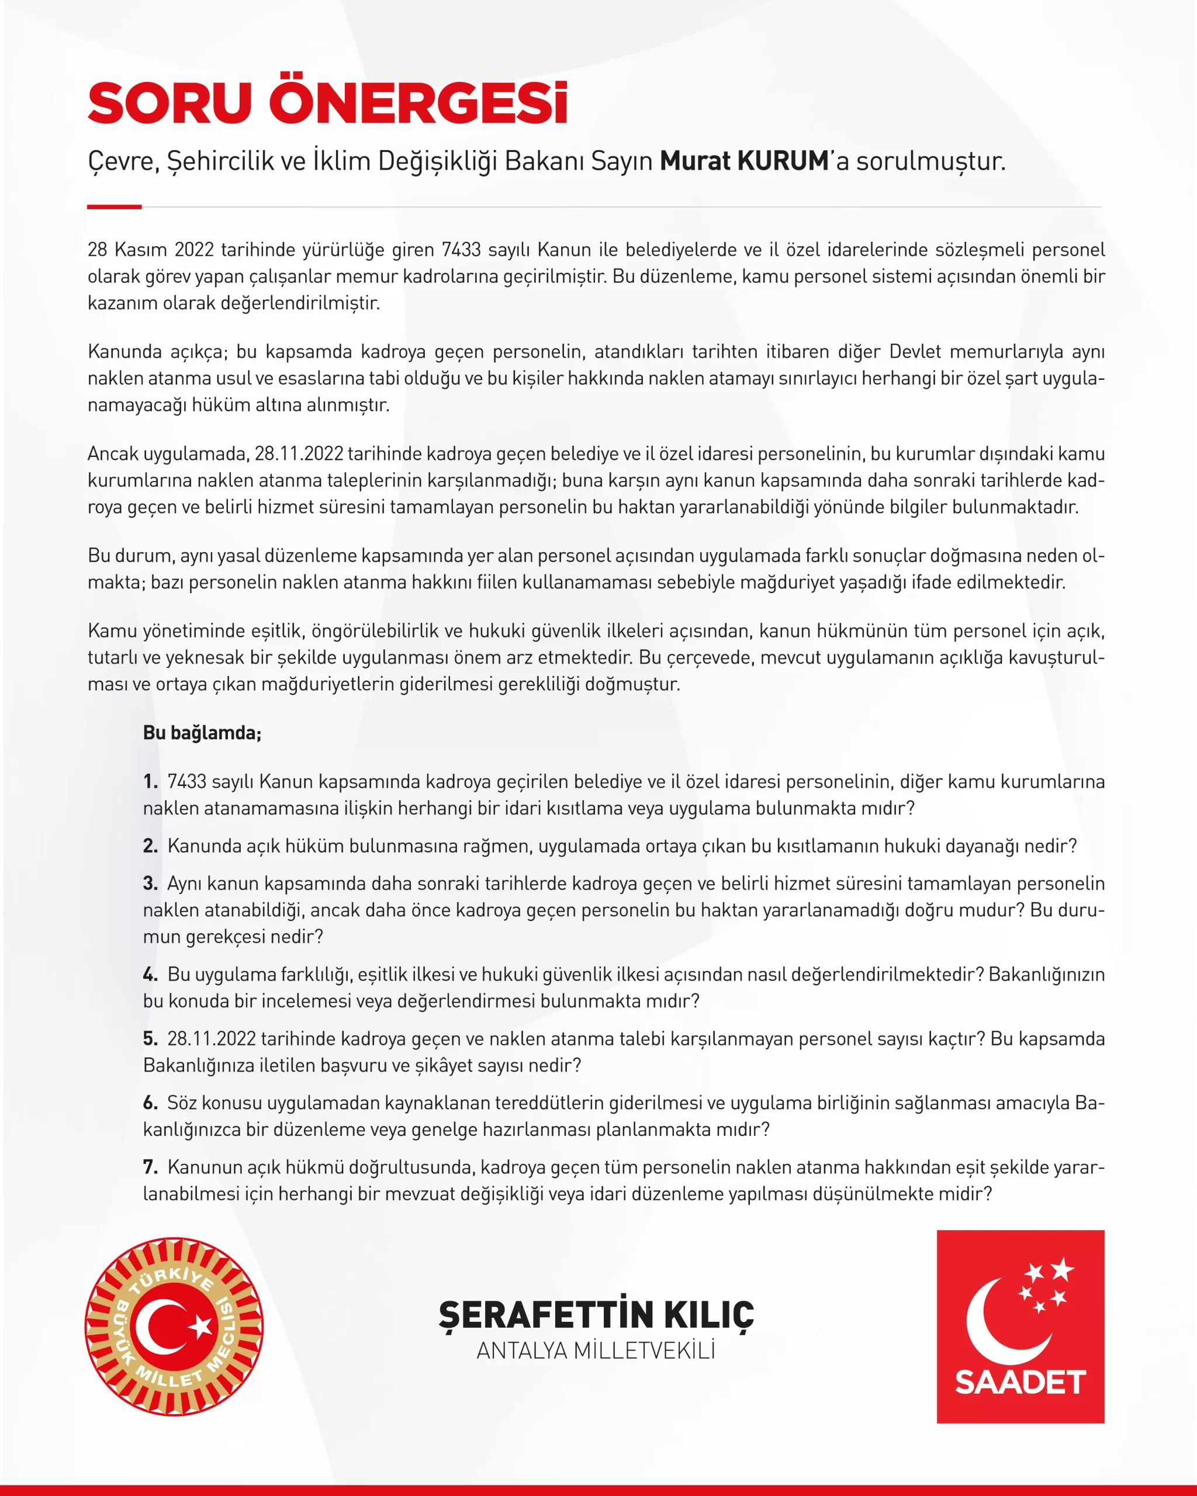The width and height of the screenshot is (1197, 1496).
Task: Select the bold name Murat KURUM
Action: point(744,161)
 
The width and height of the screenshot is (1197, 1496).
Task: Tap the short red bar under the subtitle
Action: point(115,207)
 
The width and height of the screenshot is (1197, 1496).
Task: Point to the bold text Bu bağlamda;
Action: point(202,733)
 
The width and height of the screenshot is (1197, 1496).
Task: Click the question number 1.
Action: point(150,782)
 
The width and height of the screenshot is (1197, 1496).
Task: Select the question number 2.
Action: point(150,846)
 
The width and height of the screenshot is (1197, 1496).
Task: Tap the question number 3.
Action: point(150,884)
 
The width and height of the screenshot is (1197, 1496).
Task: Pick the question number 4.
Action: point(150,974)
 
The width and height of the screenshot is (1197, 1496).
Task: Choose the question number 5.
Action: point(150,1039)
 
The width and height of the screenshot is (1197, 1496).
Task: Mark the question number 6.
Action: point(150,1103)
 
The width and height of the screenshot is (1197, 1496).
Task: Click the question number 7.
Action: point(150,1167)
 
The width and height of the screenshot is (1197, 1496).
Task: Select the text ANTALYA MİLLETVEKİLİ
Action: point(596,1351)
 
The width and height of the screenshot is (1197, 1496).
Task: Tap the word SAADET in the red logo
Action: point(1020,1382)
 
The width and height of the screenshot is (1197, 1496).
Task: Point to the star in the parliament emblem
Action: point(201,1327)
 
